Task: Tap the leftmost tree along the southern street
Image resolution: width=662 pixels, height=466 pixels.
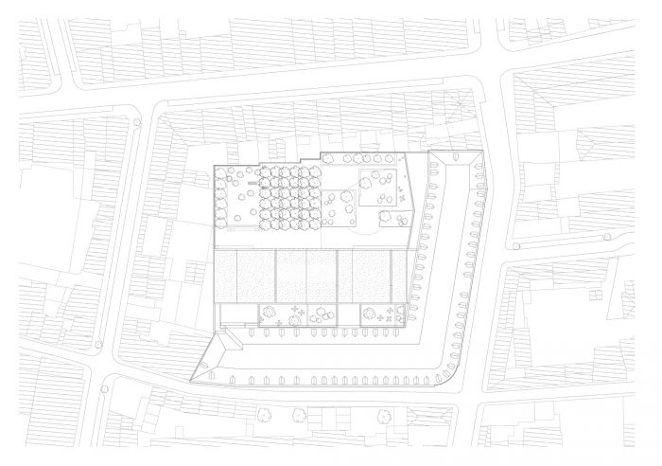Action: coord(261,414)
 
